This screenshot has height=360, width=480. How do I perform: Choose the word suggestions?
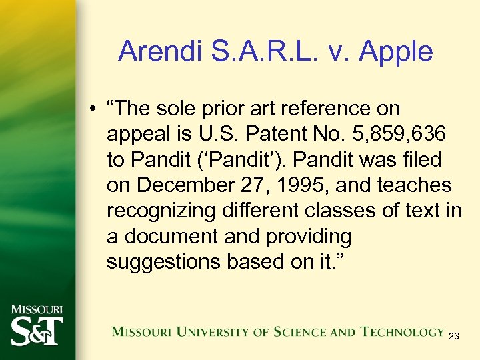point(164,261)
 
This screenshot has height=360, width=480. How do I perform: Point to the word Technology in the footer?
point(402,331)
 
